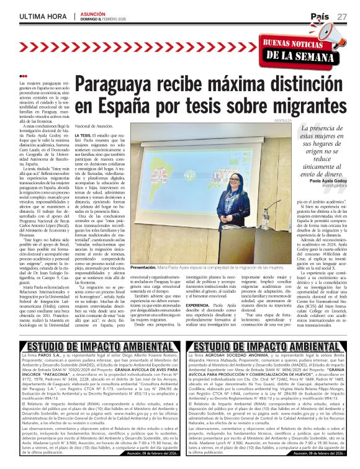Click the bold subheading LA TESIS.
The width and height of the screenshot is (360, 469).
[x=84, y=135]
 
